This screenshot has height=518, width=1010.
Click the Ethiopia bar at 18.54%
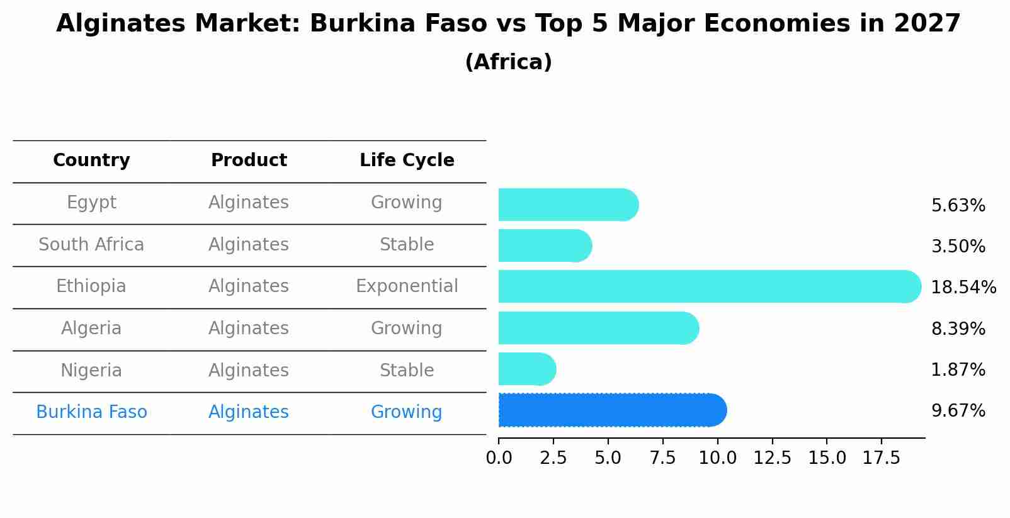(x=709, y=286)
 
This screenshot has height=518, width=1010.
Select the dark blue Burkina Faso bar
(x=612, y=410)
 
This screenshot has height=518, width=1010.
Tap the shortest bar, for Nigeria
(x=526, y=369)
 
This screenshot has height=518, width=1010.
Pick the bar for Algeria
(x=598, y=328)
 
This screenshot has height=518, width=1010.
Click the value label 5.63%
(x=958, y=206)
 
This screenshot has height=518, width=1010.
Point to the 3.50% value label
(x=958, y=247)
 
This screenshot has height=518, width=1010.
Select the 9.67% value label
(x=958, y=411)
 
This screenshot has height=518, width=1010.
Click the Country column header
(x=91, y=160)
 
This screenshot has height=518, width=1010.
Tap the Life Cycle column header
(x=407, y=160)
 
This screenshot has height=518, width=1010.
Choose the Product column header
(x=249, y=160)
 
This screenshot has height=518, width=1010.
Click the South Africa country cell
(x=91, y=244)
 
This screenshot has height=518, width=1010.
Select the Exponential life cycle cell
(x=407, y=286)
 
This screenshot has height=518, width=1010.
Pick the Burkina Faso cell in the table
(x=91, y=412)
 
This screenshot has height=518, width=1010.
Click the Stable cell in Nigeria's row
(x=407, y=370)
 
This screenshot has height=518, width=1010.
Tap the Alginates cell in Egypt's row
(x=249, y=203)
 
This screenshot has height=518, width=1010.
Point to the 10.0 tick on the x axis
(x=717, y=458)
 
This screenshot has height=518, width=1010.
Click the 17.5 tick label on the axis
(x=882, y=458)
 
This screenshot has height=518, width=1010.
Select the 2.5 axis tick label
(x=553, y=458)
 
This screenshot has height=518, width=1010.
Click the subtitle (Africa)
(x=508, y=62)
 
